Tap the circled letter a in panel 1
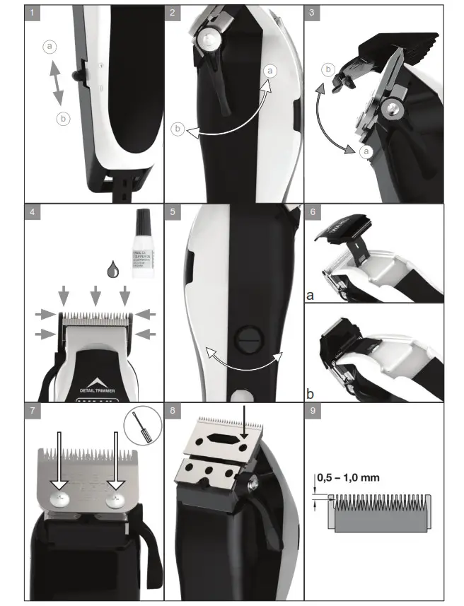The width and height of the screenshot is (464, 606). [49, 46]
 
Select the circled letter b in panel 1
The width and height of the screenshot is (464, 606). [64, 119]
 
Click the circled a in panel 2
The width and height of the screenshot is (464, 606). [270, 71]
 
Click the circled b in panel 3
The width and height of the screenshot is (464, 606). [327, 69]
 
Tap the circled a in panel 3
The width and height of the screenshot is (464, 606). [366, 151]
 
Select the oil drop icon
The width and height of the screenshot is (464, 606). [112, 269]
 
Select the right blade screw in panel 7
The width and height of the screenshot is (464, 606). [114, 499]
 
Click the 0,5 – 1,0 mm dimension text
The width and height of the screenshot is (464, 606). [348, 477]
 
